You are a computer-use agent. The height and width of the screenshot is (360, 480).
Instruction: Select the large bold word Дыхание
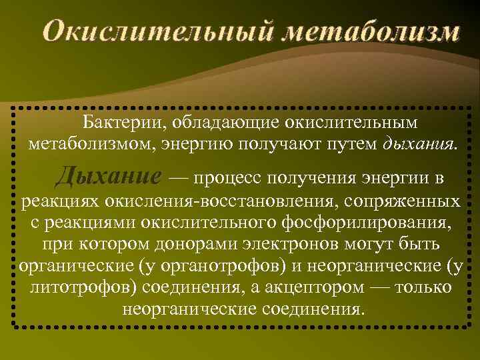tap(108, 177)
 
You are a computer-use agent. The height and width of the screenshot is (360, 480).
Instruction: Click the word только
tap(423, 288)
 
